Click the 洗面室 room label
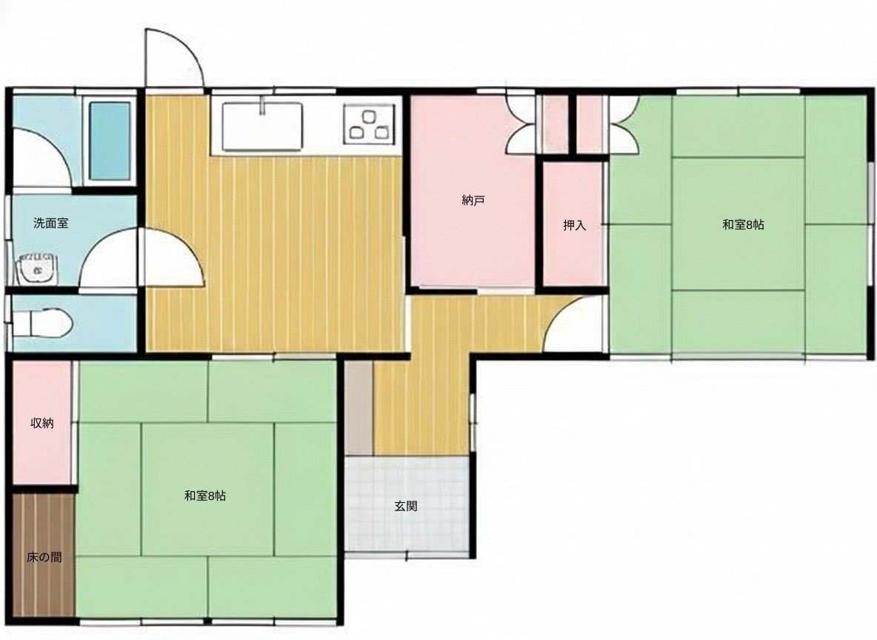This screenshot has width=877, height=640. [x=51, y=223]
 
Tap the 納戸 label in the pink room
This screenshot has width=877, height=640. [x=473, y=200]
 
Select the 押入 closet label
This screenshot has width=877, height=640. [x=574, y=225]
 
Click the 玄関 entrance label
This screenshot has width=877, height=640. [x=405, y=506]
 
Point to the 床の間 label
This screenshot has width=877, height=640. [x=44, y=557]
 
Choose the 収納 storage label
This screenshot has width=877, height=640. [x=42, y=423]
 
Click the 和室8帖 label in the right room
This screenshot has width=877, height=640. [x=744, y=225]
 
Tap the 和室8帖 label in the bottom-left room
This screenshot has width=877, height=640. [x=205, y=496]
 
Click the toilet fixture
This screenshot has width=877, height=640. [x=40, y=324]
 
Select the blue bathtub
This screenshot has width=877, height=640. [x=110, y=141]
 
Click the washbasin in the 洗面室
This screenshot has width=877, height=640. [x=37, y=270]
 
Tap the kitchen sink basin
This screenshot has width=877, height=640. [x=262, y=127]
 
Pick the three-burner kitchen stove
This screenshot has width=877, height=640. [x=369, y=122]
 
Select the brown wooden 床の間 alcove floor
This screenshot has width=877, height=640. [x=43, y=556]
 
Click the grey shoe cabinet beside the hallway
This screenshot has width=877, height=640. [x=359, y=408]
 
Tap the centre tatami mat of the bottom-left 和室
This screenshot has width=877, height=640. [x=207, y=490]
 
